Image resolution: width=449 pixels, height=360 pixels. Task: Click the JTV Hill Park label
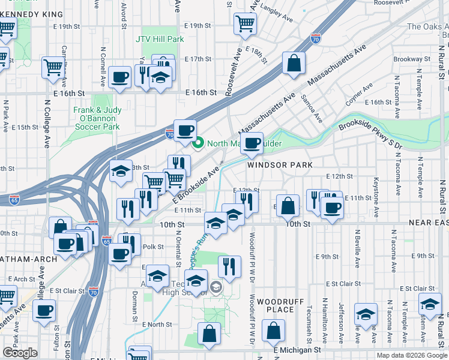(x=159, y=39)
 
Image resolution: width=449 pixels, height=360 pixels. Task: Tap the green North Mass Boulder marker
(x=199, y=143)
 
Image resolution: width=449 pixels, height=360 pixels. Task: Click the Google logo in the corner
(x=20, y=353)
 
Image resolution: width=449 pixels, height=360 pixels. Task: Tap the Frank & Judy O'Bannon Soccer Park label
(x=97, y=118)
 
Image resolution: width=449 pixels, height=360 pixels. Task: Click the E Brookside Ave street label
(x=194, y=184)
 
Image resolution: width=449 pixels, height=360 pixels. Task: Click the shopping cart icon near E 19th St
(x=245, y=23)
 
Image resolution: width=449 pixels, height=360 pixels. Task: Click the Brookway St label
(x=413, y=59)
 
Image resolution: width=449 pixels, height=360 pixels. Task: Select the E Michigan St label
(x=297, y=349)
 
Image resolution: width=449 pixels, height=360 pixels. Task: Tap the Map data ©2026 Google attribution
(x=412, y=355)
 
